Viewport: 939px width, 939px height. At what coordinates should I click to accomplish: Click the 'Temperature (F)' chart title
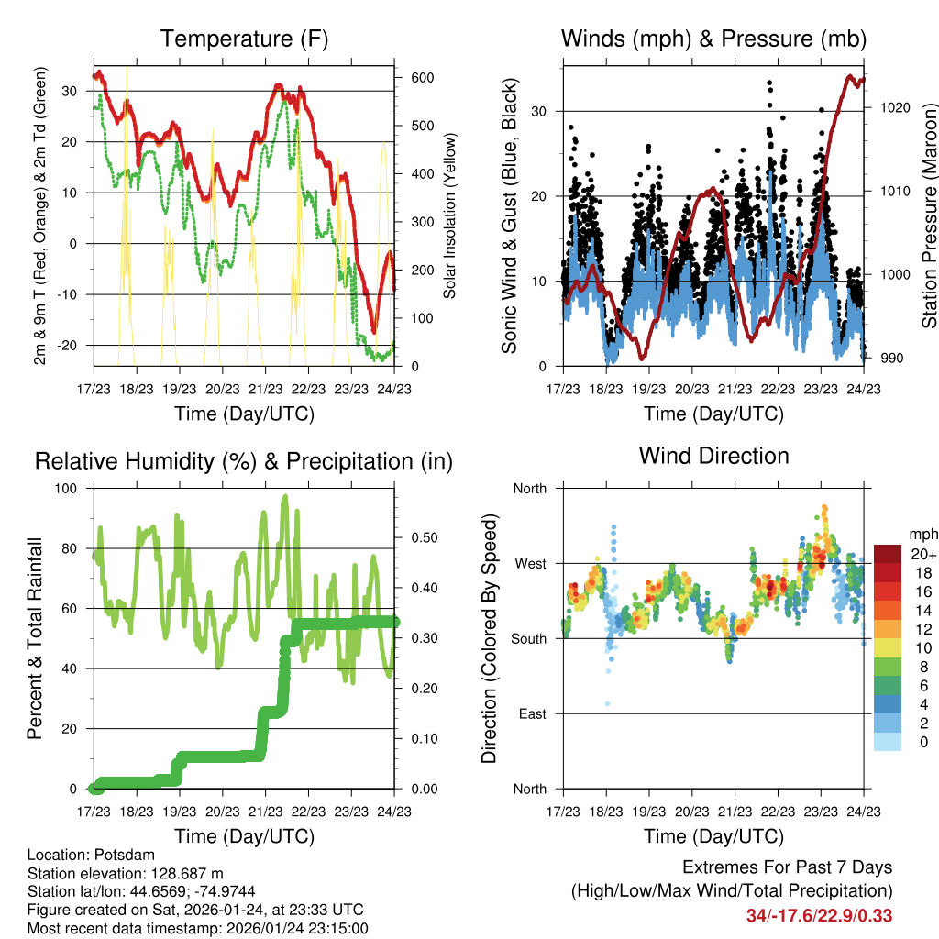click(244, 39)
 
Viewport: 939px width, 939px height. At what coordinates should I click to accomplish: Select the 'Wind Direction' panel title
click(713, 456)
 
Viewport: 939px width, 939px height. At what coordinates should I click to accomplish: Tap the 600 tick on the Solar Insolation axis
click(422, 78)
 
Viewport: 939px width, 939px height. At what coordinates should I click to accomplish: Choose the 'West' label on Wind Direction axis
click(528, 563)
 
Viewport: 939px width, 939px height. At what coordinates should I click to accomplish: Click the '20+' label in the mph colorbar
click(922, 554)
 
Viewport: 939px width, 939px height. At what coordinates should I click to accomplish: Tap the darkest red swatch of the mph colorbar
click(888, 553)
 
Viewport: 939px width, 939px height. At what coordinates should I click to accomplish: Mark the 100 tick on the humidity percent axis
click(69, 488)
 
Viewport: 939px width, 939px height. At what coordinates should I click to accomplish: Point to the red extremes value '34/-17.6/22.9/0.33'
click(819, 916)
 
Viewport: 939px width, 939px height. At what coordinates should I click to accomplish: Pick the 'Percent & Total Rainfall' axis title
click(34, 638)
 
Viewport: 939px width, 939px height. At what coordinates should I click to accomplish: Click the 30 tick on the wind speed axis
click(540, 111)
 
